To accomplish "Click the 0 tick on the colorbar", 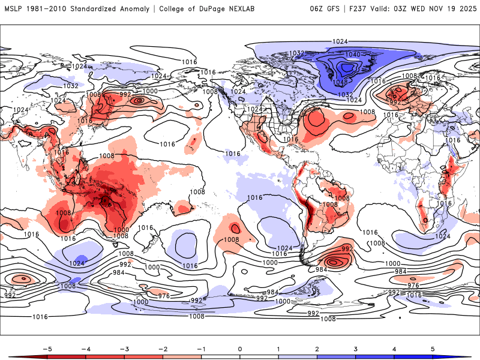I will tap(240, 348).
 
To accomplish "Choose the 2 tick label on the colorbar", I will tap(317, 348).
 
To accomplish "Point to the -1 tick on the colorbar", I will tap(201, 348).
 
